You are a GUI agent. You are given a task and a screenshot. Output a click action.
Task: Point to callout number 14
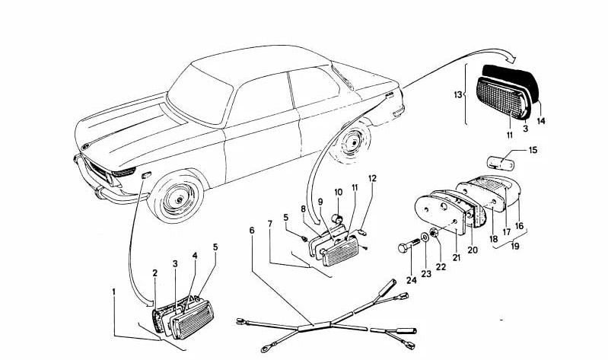coord(541,120)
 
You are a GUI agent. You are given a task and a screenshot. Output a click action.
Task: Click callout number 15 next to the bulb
coord(532,150)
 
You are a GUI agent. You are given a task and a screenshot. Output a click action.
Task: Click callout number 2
coord(154,272)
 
